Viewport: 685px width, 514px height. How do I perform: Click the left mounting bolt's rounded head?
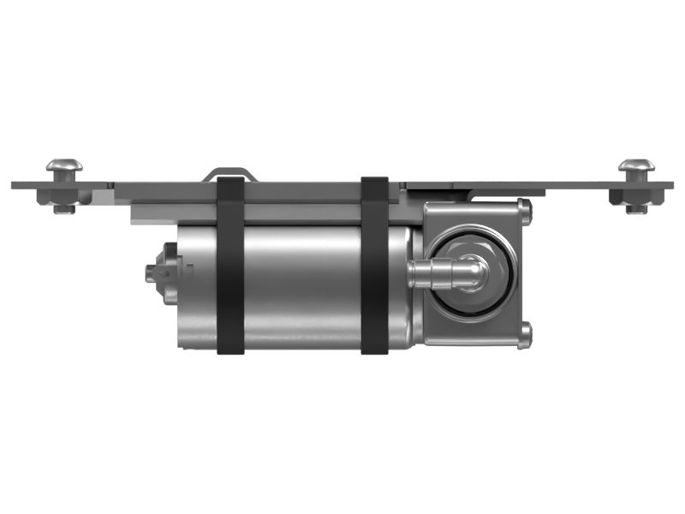63,164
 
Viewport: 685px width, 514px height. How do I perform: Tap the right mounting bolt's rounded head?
636,164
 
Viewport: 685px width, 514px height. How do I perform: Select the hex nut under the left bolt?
63,197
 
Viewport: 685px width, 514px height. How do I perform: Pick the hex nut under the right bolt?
636,197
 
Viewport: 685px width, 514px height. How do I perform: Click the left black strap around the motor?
230,266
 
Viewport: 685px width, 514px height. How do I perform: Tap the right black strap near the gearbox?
374,266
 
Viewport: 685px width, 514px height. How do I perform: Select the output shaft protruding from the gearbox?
437,273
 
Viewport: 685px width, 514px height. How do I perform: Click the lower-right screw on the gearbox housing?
525,335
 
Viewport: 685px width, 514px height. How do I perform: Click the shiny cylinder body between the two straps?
300,283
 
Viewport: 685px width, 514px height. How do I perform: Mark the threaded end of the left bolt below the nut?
63,208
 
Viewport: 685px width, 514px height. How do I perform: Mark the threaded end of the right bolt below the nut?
636,208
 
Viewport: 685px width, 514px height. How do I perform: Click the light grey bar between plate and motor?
257,211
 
